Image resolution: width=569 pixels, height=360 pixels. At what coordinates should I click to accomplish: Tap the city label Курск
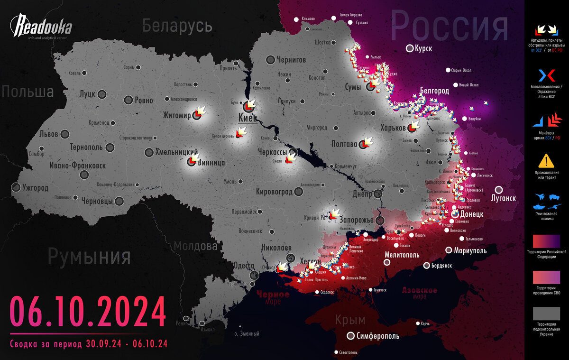[x=423, y=48]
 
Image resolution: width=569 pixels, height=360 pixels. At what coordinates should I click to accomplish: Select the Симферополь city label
[x=377, y=336]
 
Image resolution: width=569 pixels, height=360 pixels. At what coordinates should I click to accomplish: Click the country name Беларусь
[x=177, y=26]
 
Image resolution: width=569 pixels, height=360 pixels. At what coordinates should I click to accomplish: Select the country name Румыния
[x=89, y=257]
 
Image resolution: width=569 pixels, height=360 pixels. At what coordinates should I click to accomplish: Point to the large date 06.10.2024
[x=88, y=312]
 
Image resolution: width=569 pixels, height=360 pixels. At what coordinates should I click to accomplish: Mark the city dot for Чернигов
[x=271, y=60]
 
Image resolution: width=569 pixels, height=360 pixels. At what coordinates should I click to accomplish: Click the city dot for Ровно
[x=128, y=100]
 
